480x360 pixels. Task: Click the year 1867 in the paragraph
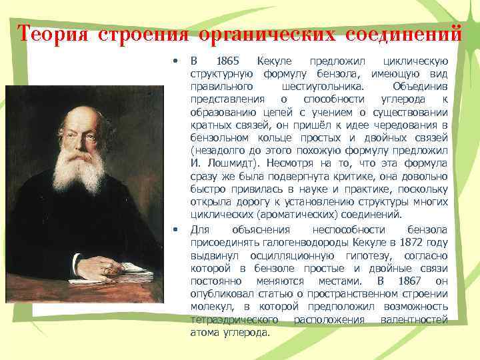coord(408,281)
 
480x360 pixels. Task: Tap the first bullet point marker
coord(175,61)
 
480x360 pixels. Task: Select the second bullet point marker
coord(175,230)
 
